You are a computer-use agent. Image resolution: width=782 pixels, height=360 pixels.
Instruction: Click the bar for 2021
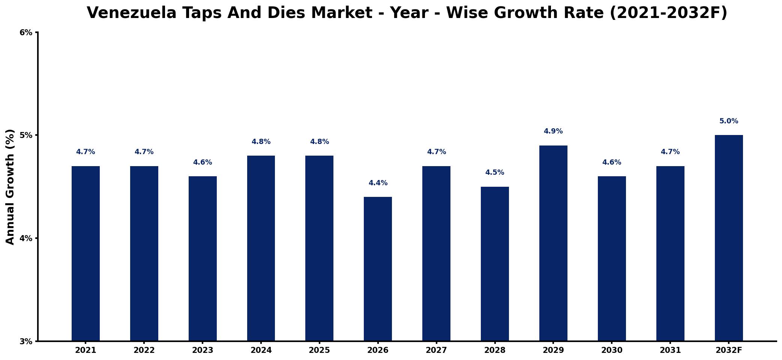click(x=86, y=253)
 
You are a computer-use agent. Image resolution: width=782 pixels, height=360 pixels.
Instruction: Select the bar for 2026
click(x=378, y=269)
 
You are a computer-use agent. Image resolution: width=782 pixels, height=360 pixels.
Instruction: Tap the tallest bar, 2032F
click(x=729, y=238)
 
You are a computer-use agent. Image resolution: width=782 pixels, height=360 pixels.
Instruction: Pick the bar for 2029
click(x=553, y=243)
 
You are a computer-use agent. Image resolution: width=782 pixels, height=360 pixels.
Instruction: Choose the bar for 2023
click(x=203, y=258)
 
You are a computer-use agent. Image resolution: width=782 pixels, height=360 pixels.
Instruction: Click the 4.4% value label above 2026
click(x=378, y=183)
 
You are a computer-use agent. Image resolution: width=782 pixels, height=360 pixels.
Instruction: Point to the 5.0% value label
click(x=729, y=121)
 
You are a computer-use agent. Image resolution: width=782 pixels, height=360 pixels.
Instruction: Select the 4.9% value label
click(x=553, y=131)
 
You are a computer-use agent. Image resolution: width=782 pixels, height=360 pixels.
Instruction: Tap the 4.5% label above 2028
click(x=495, y=172)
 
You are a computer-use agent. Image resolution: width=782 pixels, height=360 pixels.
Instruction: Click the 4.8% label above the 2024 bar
click(x=261, y=142)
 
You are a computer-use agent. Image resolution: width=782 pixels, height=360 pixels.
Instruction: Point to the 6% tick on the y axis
click(x=26, y=33)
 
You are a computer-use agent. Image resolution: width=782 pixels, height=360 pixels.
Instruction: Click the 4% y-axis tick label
click(x=26, y=238)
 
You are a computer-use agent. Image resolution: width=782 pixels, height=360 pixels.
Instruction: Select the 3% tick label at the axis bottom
click(x=26, y=341)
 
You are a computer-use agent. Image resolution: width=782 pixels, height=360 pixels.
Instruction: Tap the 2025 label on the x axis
click(x=319, y=350)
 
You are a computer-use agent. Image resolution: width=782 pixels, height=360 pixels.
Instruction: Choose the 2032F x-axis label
click(x=729, y=350)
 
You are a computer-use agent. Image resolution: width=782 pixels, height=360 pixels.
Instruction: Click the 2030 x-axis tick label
click(x=612, y=350)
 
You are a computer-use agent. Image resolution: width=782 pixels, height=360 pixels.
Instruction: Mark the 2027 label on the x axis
click(x=436, y=350)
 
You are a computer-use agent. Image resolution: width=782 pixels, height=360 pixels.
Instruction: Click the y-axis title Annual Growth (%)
click(x=10, y=187)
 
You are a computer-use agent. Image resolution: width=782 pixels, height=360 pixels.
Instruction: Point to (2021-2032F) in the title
click(x=668, y=13)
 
